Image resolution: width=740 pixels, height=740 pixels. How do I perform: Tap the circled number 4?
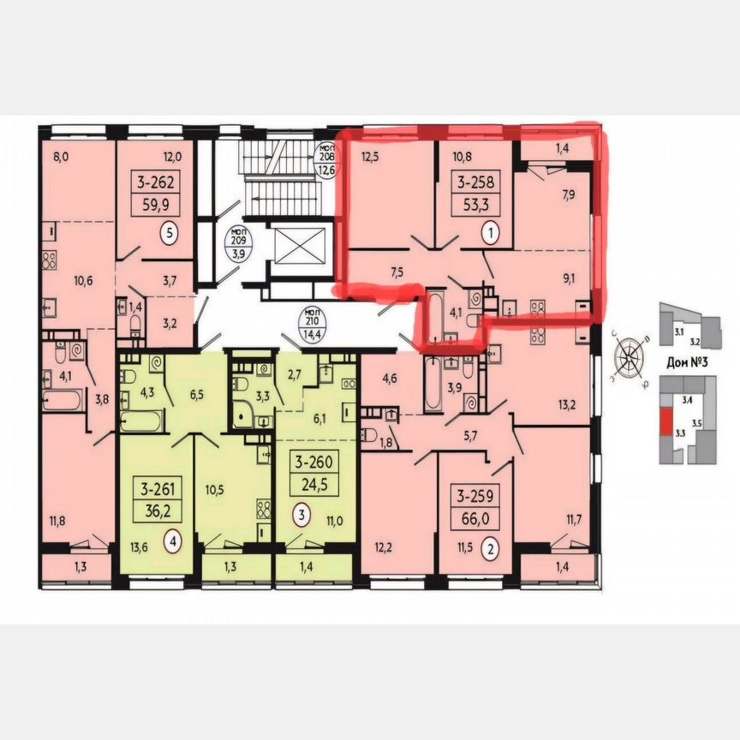[174, 540]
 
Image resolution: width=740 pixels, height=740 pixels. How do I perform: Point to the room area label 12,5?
[369, 156]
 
